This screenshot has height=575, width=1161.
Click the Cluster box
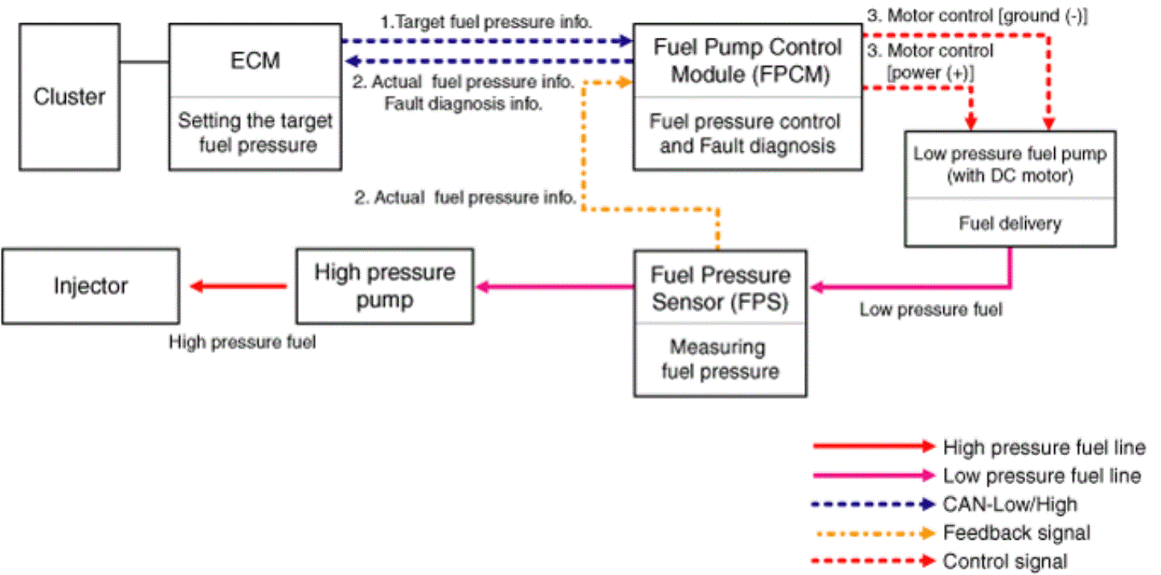tap(69, 97)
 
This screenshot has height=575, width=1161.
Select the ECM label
tap(255, 61)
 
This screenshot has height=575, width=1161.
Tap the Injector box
tap(91, 286)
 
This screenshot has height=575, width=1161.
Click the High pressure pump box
tap(385, 286)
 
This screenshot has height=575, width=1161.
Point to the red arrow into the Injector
tap(239, 286)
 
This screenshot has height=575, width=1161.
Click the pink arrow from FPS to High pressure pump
tap(554, 286)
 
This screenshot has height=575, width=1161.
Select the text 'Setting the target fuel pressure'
tap(255, 133)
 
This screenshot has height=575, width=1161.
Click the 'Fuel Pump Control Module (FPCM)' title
tap(748, 61)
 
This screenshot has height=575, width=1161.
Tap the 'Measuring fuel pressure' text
tap(720, 359)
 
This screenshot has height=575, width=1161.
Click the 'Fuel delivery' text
tap(1010, 223)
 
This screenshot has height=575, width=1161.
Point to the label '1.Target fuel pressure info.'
tap(486, 22)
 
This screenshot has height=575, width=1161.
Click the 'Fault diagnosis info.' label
tap(464, 104)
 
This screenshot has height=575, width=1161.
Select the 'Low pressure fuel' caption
tap(931, 310)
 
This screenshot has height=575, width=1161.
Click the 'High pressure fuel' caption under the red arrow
tap(242, 342)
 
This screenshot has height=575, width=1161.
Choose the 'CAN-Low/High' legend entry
tap(1010, 504)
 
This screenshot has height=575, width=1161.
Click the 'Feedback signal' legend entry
tap(1016, 532)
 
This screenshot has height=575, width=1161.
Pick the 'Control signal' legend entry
tap(1005, 561)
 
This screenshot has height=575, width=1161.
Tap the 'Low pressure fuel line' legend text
tap(1042, 475)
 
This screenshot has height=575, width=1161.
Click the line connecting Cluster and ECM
tap(145, 62)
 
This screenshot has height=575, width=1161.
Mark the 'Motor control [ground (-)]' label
tap(978, 16)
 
